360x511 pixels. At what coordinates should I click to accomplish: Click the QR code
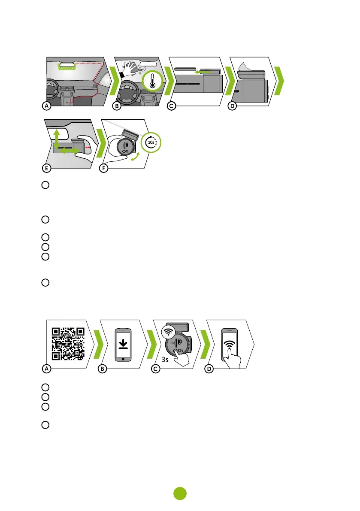[68, 343]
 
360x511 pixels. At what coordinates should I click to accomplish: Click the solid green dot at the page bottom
[180, 494]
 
